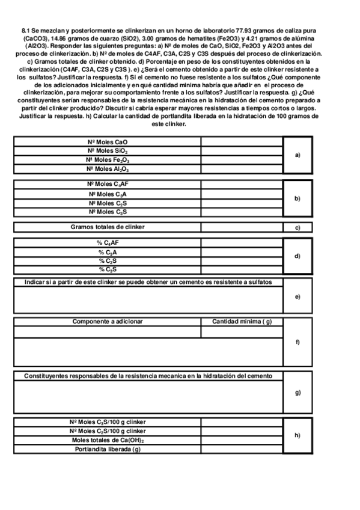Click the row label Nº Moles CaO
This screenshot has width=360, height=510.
[108, 142]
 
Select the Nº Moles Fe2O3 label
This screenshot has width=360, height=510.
[108, 160]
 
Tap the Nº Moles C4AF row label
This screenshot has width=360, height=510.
[108, 184]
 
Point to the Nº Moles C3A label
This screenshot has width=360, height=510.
[108, 194]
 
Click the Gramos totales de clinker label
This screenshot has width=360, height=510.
[108, 227]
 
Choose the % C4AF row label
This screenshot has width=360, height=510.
[108, 243]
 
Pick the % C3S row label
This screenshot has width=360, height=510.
[108, 269]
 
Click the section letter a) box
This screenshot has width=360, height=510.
[297, 155]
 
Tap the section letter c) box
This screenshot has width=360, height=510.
[297, 228]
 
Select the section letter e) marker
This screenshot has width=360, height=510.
[297, 296]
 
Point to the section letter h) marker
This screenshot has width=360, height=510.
[297, 435]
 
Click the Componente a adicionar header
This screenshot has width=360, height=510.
[108, 322]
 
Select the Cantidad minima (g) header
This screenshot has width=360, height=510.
[242, 322]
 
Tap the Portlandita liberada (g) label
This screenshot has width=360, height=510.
[108, 449]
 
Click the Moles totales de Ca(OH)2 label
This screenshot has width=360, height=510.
[108, 440]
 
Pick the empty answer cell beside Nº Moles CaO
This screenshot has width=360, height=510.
[242, 142]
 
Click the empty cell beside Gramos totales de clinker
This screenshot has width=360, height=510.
[242, 227]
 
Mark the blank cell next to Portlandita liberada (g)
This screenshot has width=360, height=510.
[242, 449]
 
